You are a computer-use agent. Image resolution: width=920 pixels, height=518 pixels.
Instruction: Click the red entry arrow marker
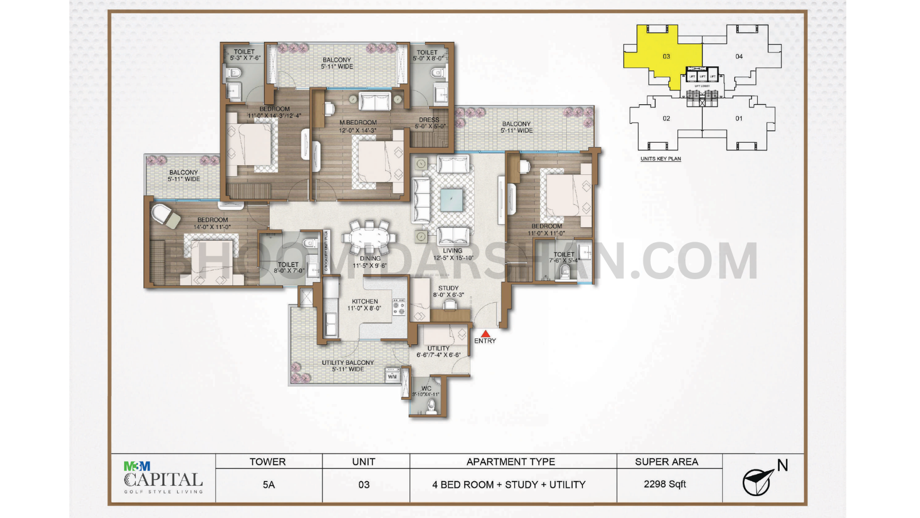tap(485, 333)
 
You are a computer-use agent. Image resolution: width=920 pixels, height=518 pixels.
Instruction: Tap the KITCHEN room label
tap(365, 302)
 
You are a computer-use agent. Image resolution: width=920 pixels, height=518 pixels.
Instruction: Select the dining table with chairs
tap(369, 237)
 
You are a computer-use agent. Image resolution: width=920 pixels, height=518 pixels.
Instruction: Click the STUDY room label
tap(448, 288)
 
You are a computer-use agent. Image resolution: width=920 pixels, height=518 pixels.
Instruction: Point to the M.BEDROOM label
tap(358, 123)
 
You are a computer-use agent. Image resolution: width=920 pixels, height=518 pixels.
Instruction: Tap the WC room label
tap(426, 389)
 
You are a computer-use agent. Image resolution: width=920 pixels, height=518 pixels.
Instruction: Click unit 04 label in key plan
tap(739, 56)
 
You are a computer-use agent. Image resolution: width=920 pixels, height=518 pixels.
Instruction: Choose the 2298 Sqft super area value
tap(665, 484)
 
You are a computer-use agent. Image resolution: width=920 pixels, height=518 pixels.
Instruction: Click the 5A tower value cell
tap(269, 485)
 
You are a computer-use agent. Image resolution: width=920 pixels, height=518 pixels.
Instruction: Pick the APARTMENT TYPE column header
tap(511, 462)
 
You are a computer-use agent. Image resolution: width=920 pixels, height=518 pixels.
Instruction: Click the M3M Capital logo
tap(163, 478)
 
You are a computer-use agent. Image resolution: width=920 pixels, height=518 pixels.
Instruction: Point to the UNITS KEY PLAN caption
tap(661, 159)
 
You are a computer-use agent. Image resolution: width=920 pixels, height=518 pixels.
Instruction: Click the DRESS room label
tap(429, 120)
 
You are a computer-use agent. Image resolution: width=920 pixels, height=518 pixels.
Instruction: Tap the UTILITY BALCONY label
tap(347, 363)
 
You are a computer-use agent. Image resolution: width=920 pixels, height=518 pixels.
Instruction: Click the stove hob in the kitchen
tap(398, 307)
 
